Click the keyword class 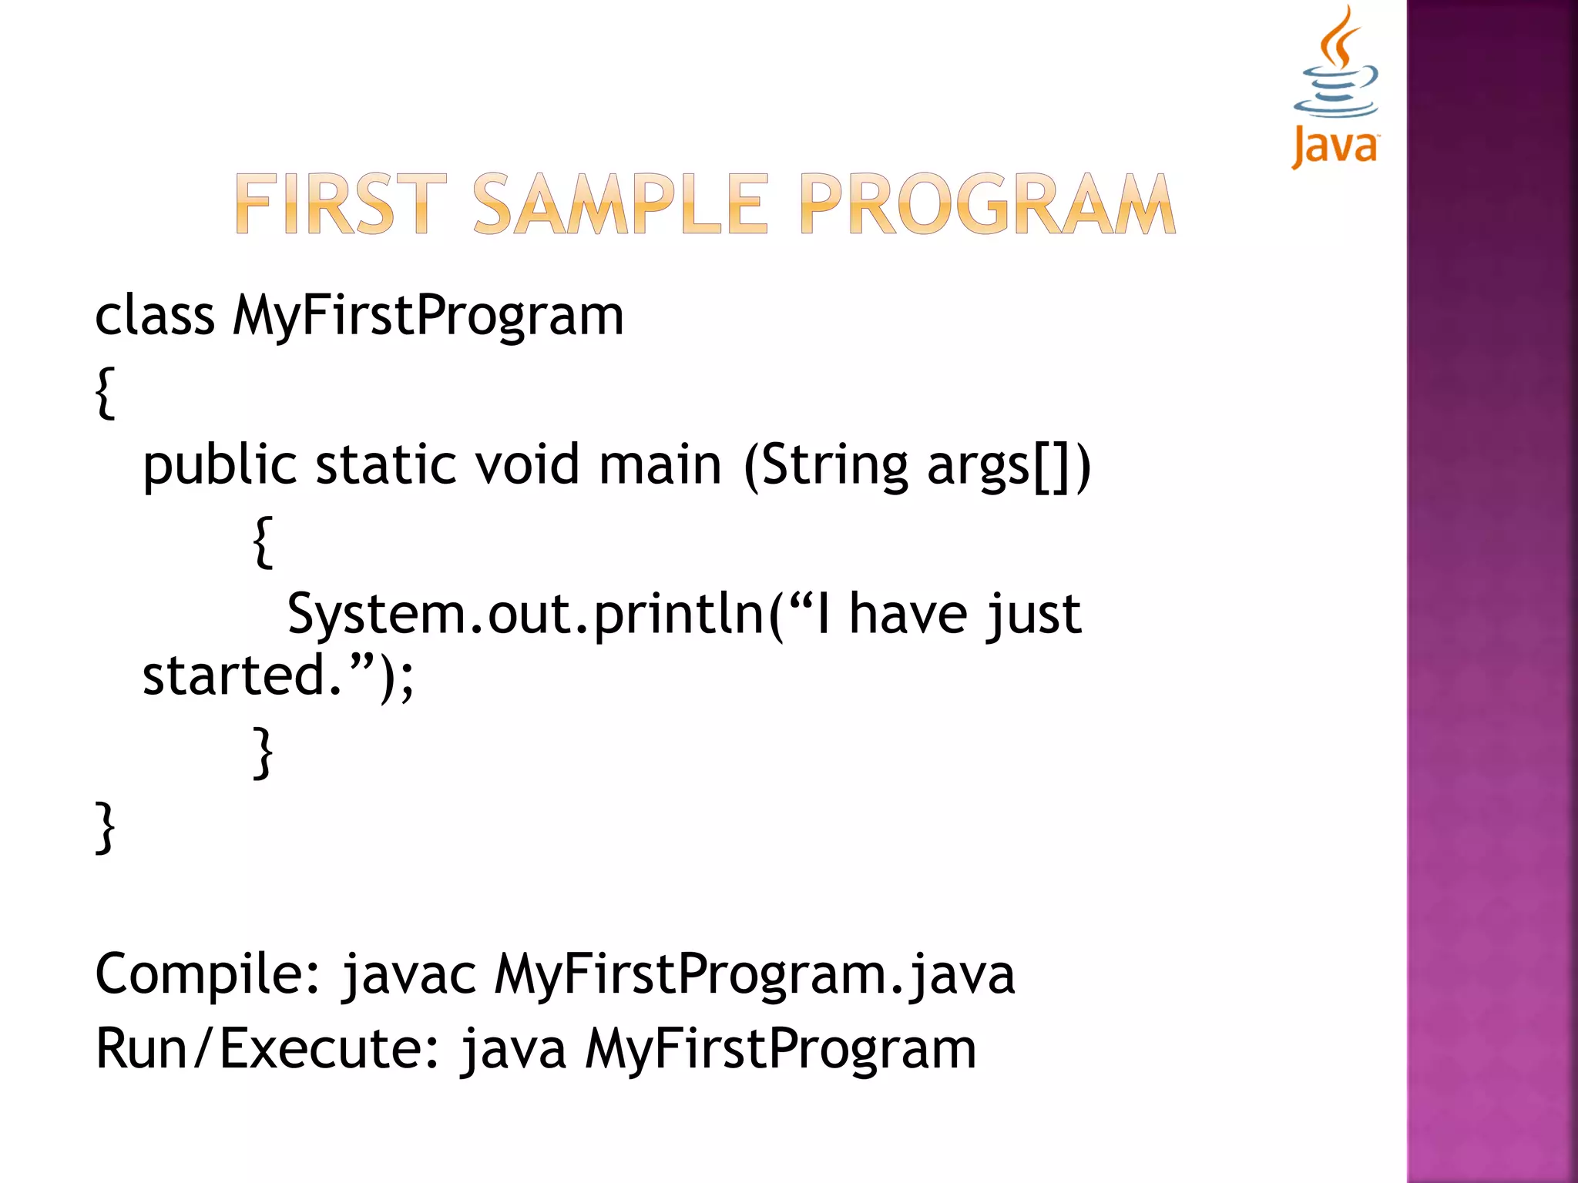[x=154, y=316]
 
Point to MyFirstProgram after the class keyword [x=428, y=316]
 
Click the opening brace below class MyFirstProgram [x=106, y=393]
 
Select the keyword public [x=220, y=466]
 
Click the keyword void [x=526, y=466]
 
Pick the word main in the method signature [x=660, y=466]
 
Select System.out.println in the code [x=525, y=615]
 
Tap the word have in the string [x=908, y=615]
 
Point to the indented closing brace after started [x=263, y=752]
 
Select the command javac [x=409, y=974]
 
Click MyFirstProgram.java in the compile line [x=754, y=974]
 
